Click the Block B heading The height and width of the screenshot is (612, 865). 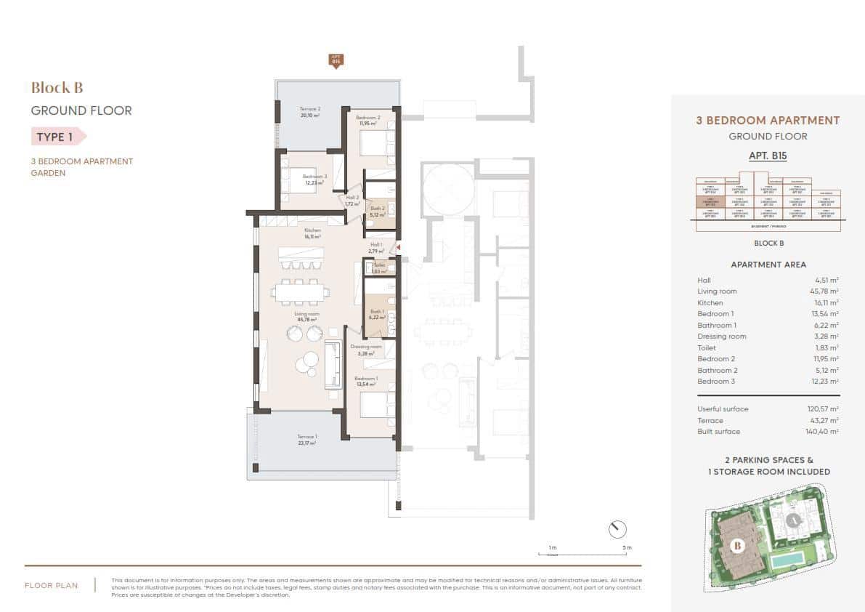point(57,88)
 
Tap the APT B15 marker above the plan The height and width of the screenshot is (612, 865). point(336,60)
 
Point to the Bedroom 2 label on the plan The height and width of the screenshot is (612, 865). point(369,120)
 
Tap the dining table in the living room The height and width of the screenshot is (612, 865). point(299,292)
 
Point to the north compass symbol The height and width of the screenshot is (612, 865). point(617,528)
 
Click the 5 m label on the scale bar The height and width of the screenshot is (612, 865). point(628,547)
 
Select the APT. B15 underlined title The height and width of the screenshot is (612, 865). point(768,156)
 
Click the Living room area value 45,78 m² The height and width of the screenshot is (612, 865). point(825,291)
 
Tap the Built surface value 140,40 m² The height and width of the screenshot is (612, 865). point(823,432)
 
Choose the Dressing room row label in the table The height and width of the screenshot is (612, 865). point(722,337)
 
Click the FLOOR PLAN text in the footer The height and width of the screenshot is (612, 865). point(52,585)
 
